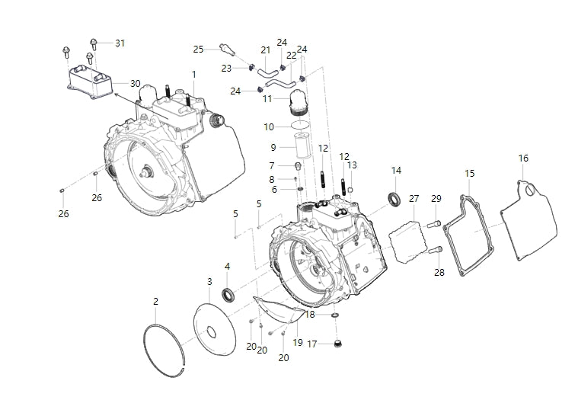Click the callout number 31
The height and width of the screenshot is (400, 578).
coord(120,43)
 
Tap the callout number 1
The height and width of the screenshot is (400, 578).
coord(193,74)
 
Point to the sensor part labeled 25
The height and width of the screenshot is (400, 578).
coord(225,50)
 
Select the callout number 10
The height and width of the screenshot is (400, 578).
coord(269,126)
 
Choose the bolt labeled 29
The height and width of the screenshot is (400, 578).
coord(433,223)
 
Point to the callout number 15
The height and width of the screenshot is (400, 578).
coord(469,174)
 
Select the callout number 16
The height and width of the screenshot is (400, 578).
coord(523,158)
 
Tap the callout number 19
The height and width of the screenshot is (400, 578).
coord(298,342)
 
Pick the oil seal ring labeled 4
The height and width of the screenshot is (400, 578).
coord(228,294)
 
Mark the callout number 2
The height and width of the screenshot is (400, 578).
coord(155,302)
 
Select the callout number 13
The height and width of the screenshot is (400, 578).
coord(352,165)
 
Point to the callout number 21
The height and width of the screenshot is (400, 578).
coord(266,50)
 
